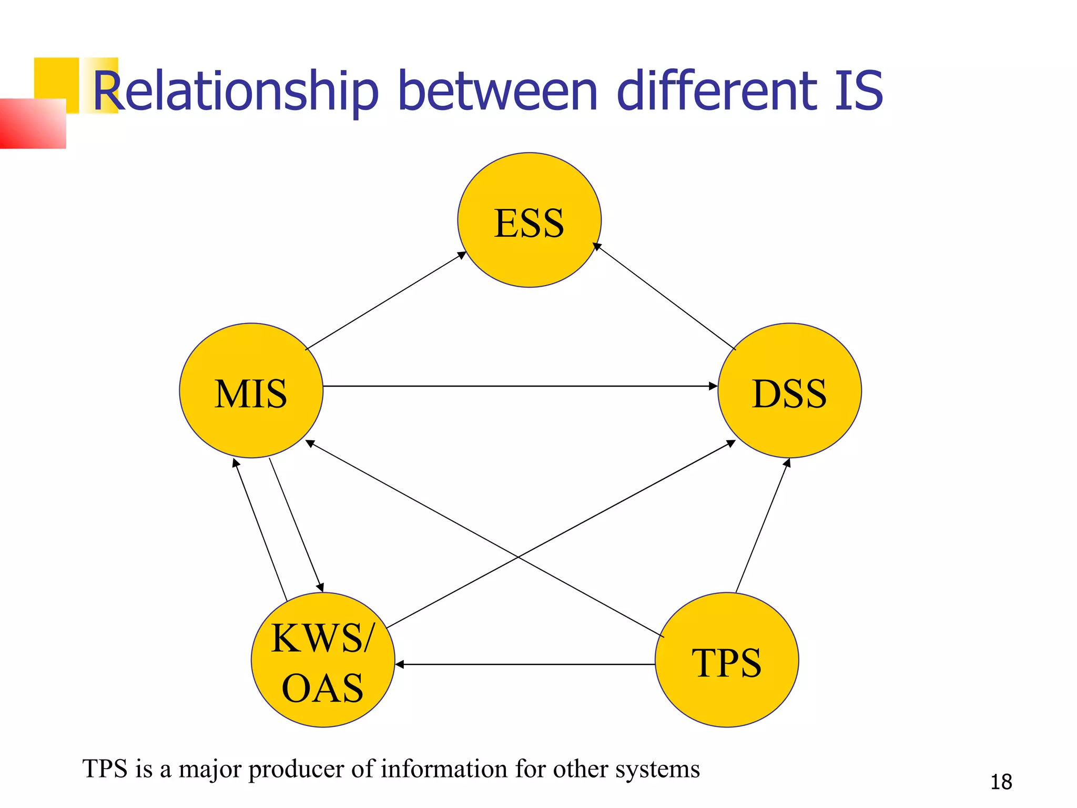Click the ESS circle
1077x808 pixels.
point(529,220)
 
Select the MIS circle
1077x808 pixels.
point(251,390)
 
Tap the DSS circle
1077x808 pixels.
point(789,390)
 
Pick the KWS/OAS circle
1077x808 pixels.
point(323,660)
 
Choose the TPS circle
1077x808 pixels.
point(727,660)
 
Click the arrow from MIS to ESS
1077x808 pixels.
point(385,301)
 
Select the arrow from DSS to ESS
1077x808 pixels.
point(665,296)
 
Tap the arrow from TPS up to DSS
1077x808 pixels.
point(763,526)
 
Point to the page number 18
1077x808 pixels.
point(1001,782)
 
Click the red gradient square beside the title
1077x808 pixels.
point(33,124)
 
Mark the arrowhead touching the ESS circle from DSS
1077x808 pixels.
point(596,246)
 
